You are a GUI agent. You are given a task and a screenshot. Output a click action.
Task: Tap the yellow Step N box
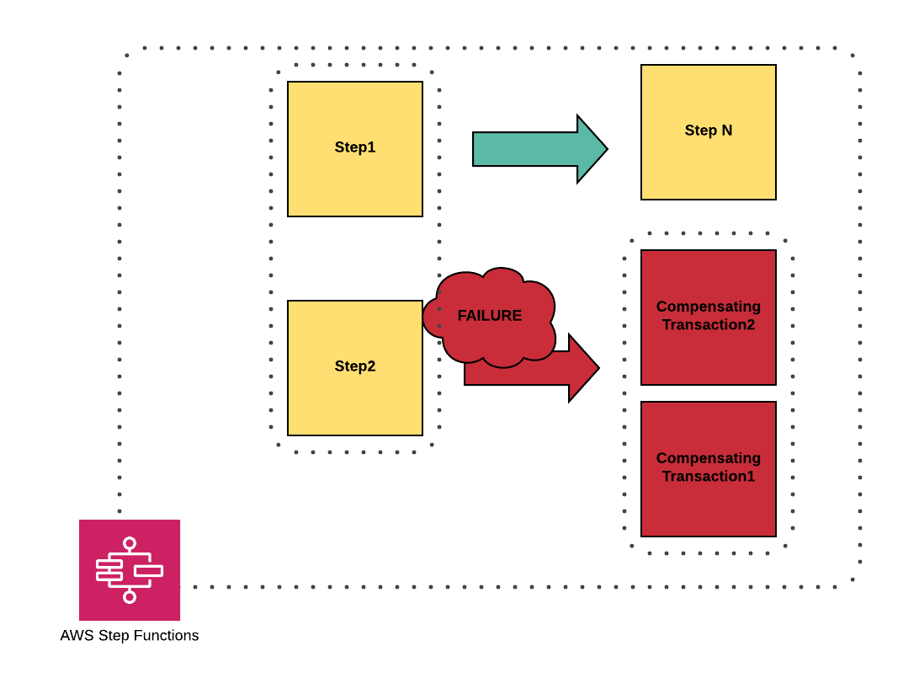tap(708, 164)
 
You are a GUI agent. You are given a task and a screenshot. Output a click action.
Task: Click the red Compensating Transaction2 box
tap(708, 354)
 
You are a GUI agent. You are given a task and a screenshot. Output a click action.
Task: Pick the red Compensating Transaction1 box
tap(708, 505)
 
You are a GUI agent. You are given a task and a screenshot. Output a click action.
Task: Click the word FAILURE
tap(490, 316)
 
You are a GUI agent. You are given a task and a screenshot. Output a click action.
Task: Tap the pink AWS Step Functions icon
tap(130, 570)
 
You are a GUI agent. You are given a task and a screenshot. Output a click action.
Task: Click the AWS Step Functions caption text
tap(130, 635)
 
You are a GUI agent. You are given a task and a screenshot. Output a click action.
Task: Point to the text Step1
tap(355, 147)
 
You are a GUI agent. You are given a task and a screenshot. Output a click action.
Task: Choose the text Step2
tap(355, 366)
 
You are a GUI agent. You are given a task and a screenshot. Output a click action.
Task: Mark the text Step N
tap(709, 131)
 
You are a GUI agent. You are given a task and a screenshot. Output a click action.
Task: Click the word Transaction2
tap(709, 325)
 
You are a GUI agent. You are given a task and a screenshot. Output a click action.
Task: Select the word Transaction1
tap(709, 477)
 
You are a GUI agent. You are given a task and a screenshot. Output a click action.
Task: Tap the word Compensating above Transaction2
tap(709, 307)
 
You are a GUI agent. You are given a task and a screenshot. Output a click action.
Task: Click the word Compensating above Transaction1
tap(709, 458)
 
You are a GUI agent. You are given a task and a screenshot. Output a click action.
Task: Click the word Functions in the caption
tap(168, 635)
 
